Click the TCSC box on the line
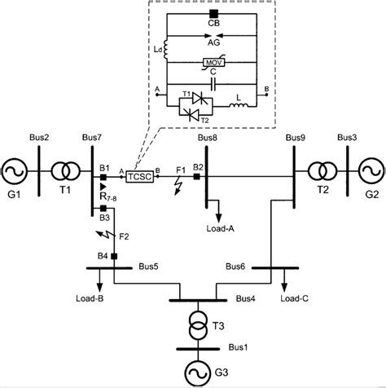pos(141,174)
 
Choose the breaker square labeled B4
pos(114,257)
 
